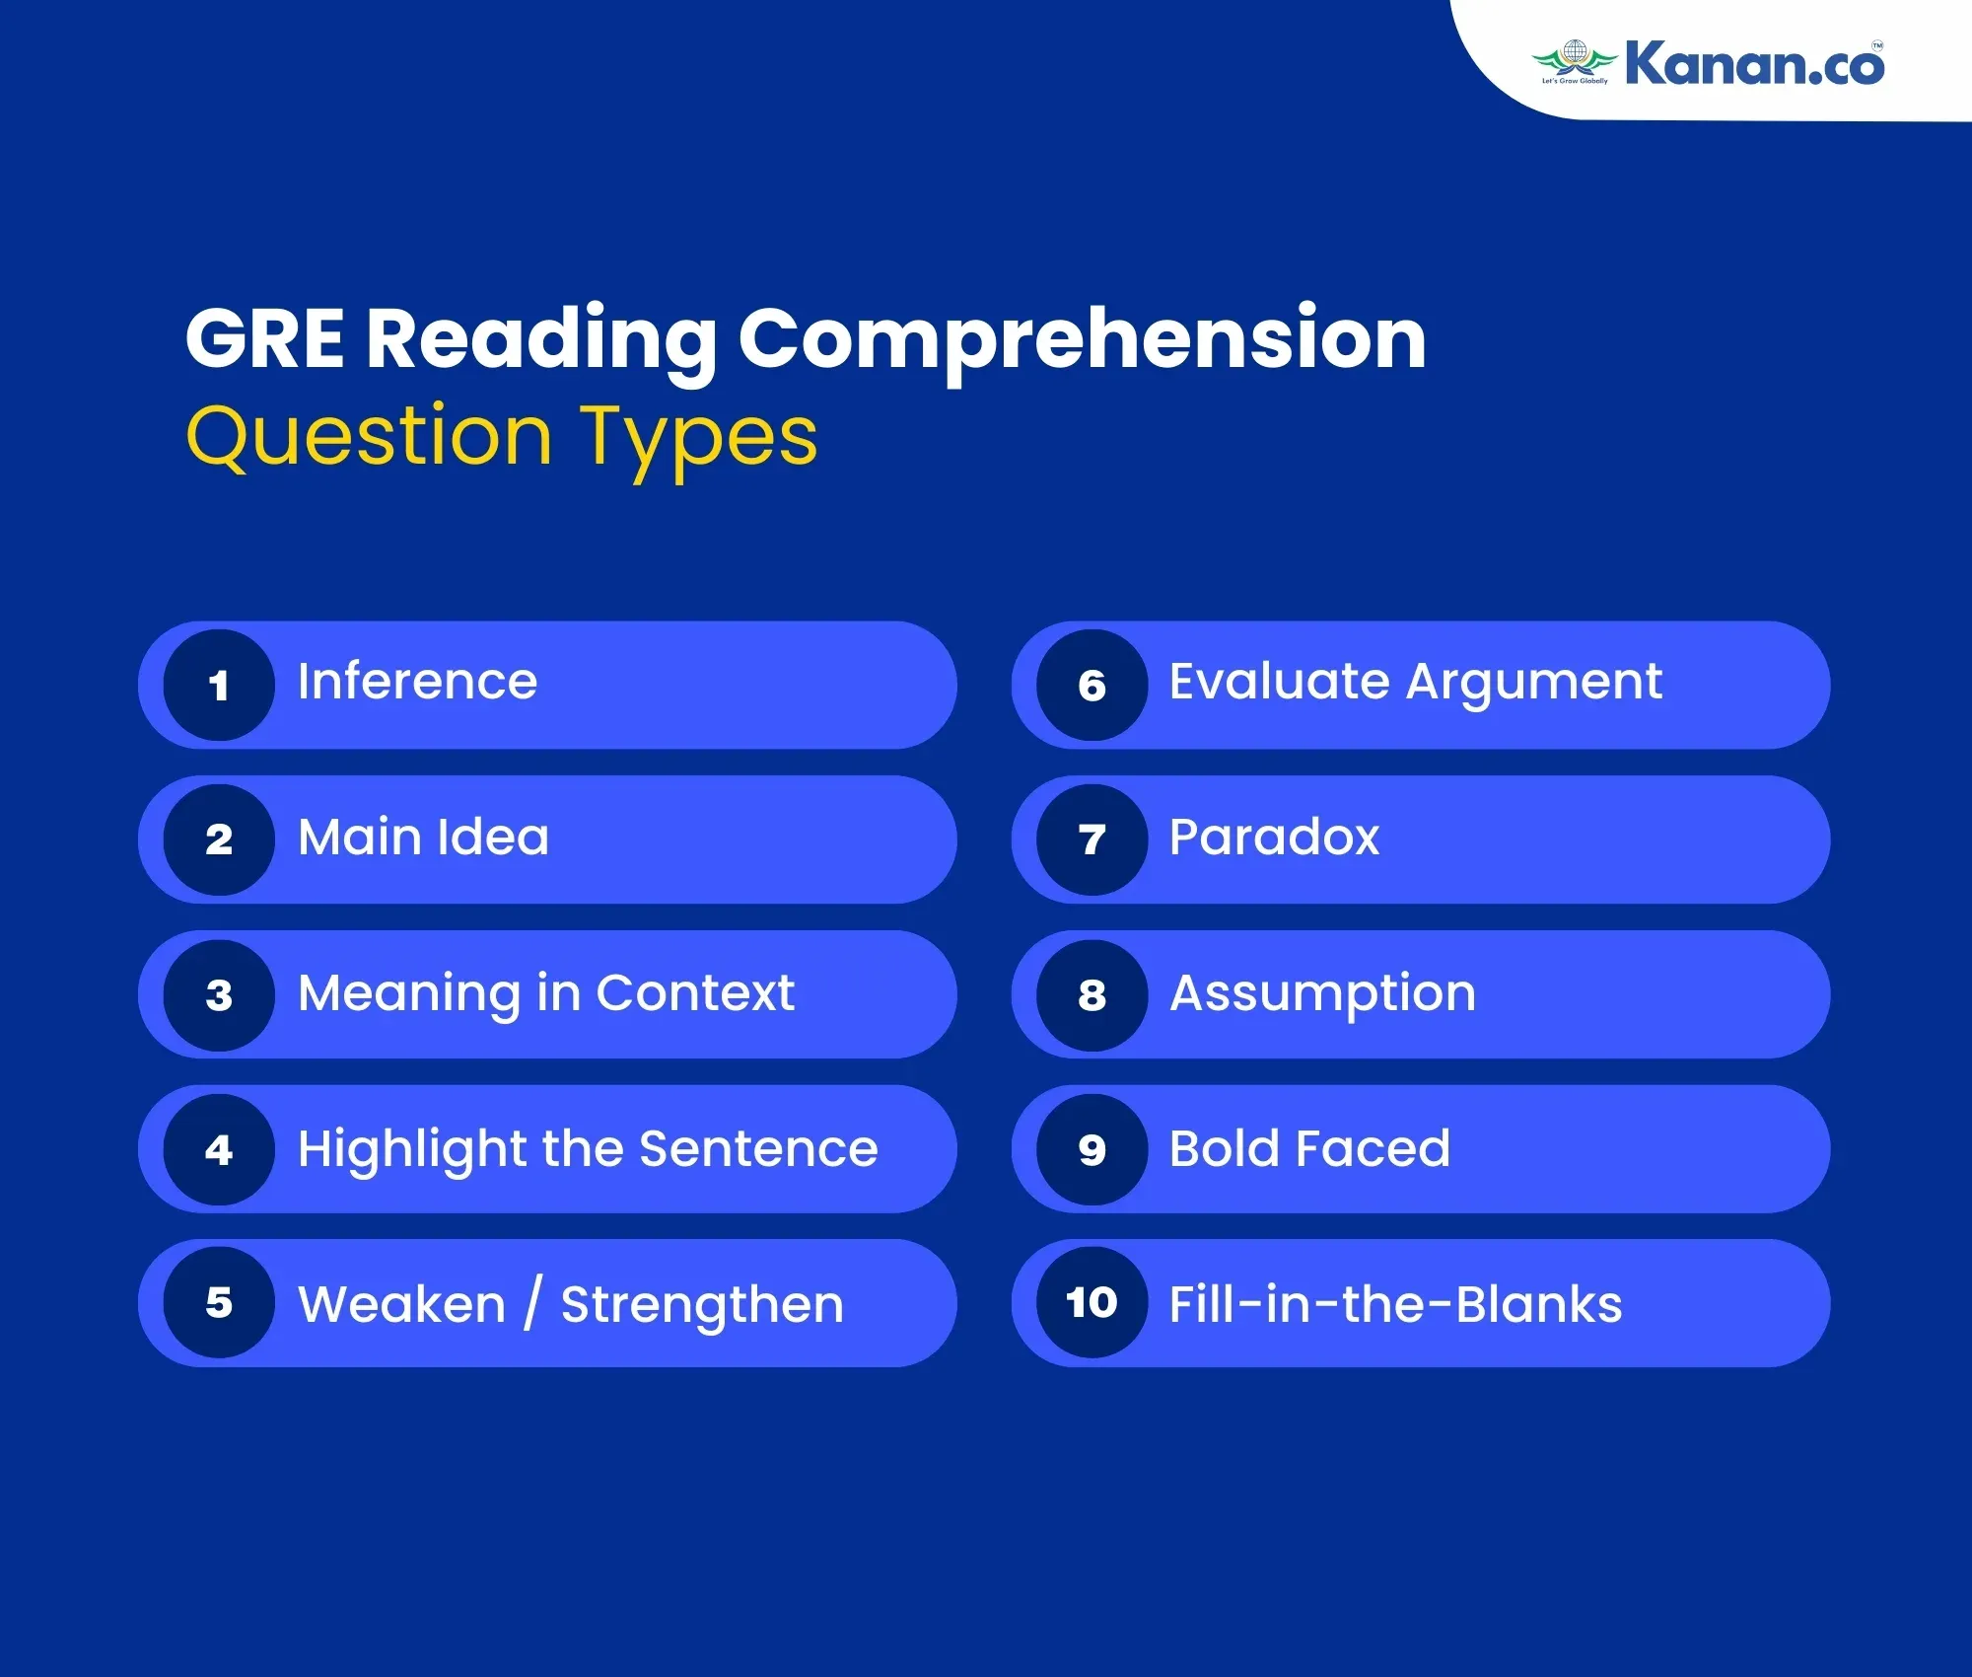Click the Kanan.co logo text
pos(1754,62)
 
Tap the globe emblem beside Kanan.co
pos(1575,59)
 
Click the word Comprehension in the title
pos(1083,340)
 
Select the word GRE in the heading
pos(264,338)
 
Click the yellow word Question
pos(369,437)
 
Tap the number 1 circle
pos(219,685)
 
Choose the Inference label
pos(418,682)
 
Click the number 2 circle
pos(219,839)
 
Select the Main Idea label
pos(424,838)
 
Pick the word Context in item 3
pos(695,992)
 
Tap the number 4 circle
pos(219,1149)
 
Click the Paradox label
pos(1274,838)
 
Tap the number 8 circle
pos(1092,994)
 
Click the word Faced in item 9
pos(1373,1148)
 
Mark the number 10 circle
pos(1092,1303)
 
